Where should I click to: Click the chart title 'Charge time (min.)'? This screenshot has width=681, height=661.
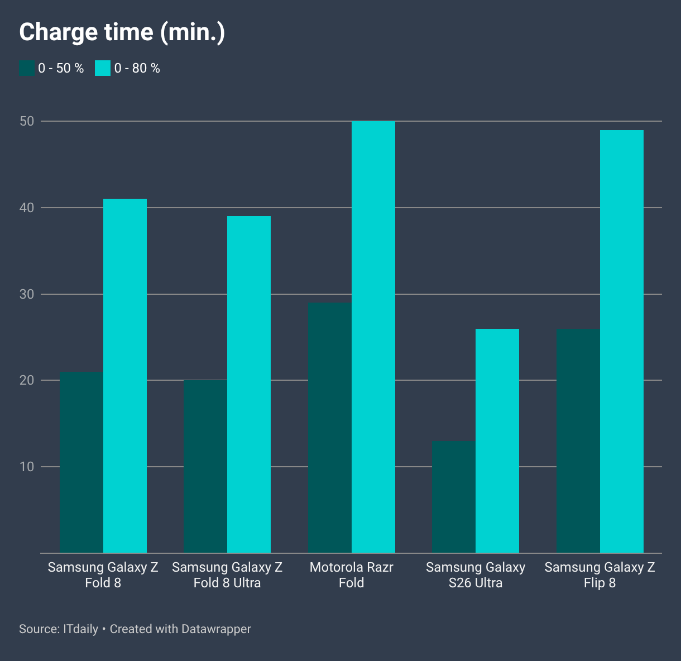pyautogui.click(x=122, y=32)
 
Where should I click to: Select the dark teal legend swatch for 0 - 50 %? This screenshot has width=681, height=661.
pyautogui.click(x=27, y=68)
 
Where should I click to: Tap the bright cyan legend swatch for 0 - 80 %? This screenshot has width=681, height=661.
pyautogui.click(x=103, y=68)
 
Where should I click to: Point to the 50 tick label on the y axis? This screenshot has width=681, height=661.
pyautogui.click(x=27, y=121)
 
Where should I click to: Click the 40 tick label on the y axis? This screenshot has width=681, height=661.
pyautogui.click(x=27, y=208)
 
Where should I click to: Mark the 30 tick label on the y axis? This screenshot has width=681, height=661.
pyautogui.click(x=27, y=294)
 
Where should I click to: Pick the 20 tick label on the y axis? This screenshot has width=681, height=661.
pyautogui.click(x=27, y=380)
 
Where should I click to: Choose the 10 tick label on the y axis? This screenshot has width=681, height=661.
pyautogui.click(x=27, y=467)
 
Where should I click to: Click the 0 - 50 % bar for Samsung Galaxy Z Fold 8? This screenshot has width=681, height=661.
pyautogui.click(x=81, y=462)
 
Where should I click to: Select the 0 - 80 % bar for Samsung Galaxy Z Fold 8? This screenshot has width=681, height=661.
pyautogui.click(x=125, y=376)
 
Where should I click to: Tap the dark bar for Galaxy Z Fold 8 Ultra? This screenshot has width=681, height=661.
pyautogui.click(x=205, y=467)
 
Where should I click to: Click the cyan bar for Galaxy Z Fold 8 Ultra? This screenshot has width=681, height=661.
pyautogui.click(x=249, y=385)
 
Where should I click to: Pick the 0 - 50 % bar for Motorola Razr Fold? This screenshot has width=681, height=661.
pyautogui.click(x=330, y=428)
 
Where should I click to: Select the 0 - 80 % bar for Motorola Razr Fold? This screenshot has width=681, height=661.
pyautogui.click(x=373, y=337)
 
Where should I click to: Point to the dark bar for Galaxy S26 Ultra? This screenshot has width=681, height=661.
pyautogui.click(x=454, y=497)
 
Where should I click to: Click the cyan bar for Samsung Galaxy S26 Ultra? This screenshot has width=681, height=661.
pyautogui.click(x=497, y=441)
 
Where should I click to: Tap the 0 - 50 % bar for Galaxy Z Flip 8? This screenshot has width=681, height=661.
pyautogui.click(x=578, y=441)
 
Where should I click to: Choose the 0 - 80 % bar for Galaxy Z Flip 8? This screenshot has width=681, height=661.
pyautogui.click(x=622, y=342)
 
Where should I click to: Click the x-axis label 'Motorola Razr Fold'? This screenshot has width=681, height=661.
pyautogui.click(x=351, y=575)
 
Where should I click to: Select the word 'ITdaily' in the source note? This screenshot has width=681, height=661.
pyautogui.click(x=80, y=629)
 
